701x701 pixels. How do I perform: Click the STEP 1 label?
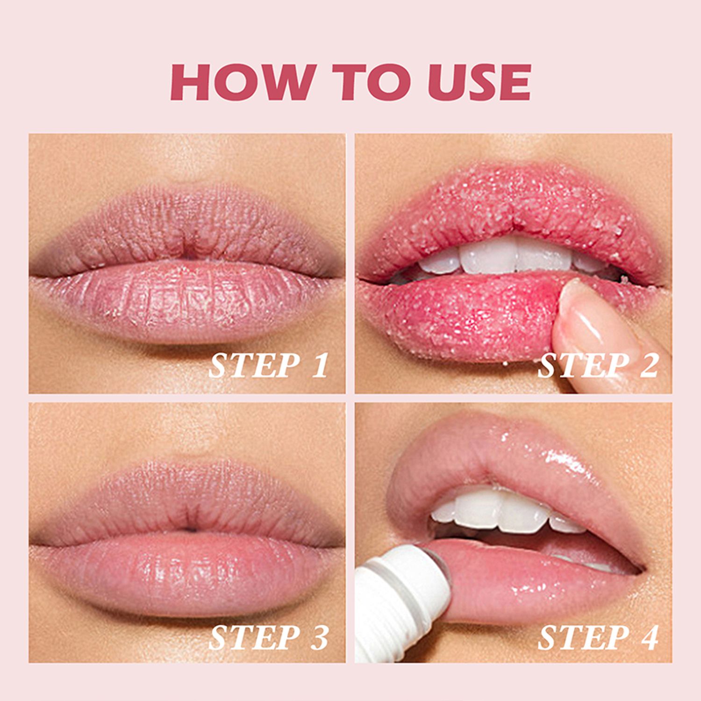click(x=268, y=365)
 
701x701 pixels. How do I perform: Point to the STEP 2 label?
click(x=598, y=365)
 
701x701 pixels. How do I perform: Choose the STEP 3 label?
click(x=268, y=637)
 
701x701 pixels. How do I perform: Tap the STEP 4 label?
click(x=598, y=637)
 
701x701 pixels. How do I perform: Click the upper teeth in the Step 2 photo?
click(x=495, y=257)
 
